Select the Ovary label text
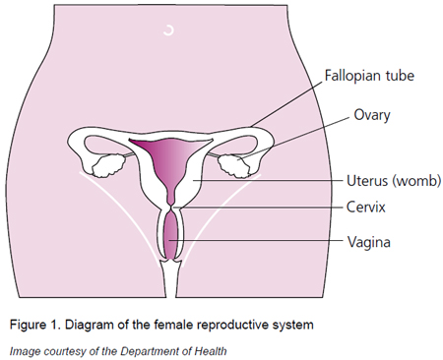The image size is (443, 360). (x=373, y=115)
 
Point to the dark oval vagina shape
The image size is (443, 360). (x=173, y=237)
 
